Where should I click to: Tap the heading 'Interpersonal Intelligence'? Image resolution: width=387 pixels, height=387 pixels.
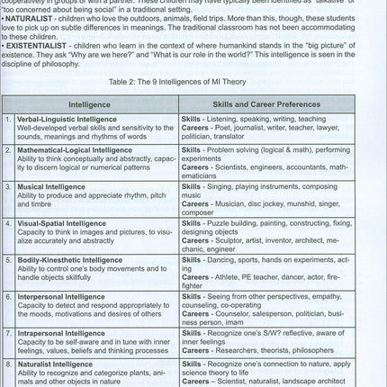tap(66, 294)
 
